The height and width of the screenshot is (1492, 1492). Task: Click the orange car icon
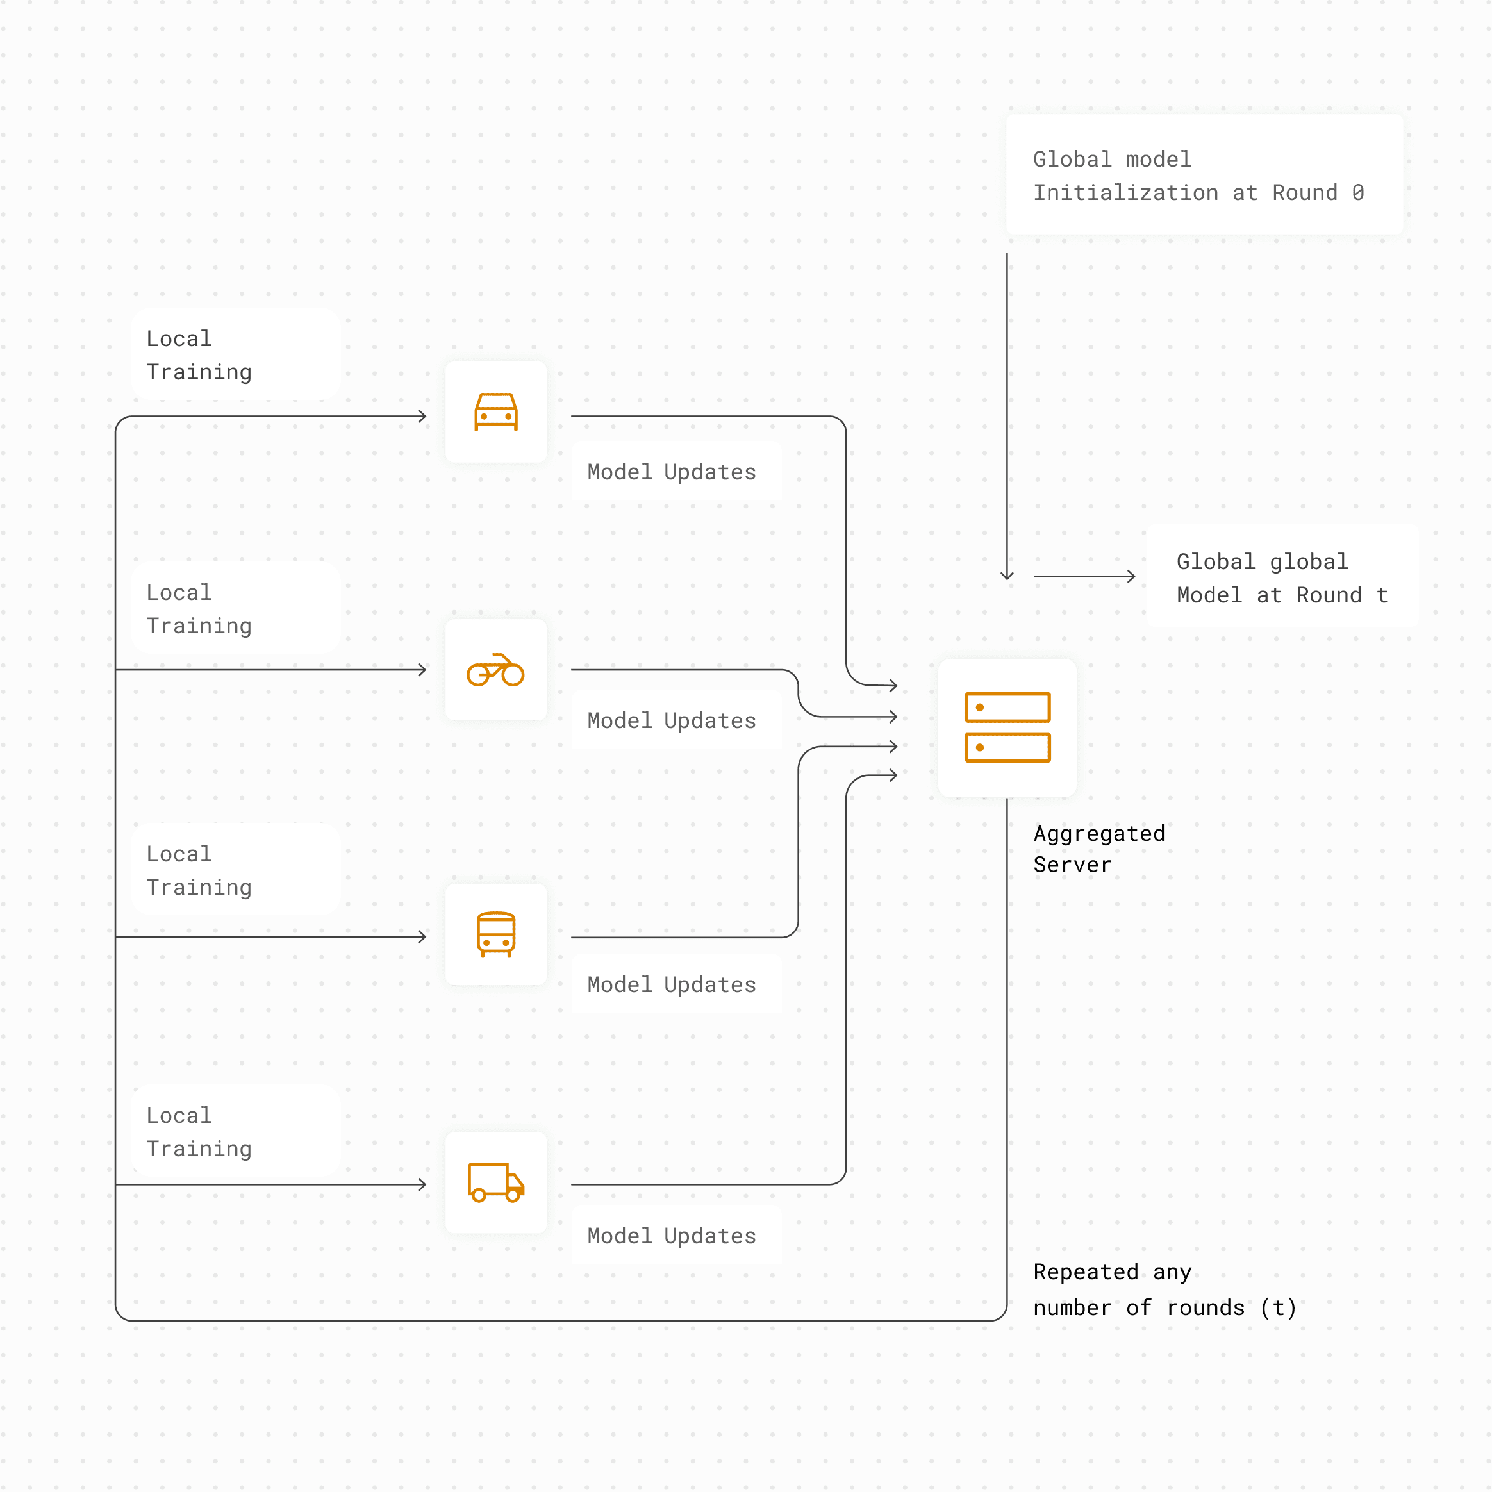pos(496,411)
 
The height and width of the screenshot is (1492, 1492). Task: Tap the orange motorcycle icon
pos(496,670)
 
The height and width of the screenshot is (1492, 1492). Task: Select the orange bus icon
pos(496,934)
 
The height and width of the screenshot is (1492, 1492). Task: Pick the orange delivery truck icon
pos(496,1182)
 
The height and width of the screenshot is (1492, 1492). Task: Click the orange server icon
pos(1007,727)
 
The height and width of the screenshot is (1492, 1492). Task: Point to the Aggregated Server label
pos(1099,849)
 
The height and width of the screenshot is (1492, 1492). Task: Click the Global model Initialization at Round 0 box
pos(1205,174)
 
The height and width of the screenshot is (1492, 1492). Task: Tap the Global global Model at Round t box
pos(1282,576)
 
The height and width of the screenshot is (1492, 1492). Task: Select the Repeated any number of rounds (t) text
pos(1165,1289)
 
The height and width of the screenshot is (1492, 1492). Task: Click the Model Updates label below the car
pos(672,472)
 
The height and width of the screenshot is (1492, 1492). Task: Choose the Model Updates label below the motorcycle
pos(672,720)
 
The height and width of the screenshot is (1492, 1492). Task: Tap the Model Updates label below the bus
pos(672,984)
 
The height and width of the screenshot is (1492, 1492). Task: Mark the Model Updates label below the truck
pos(672,1236)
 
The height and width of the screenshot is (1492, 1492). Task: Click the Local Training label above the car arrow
pos(199,355)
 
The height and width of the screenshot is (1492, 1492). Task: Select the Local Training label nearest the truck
pos(199,1132)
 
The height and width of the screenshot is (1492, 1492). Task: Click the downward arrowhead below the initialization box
pos(1007,576)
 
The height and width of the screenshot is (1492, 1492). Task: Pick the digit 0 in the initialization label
pos(1357,192)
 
